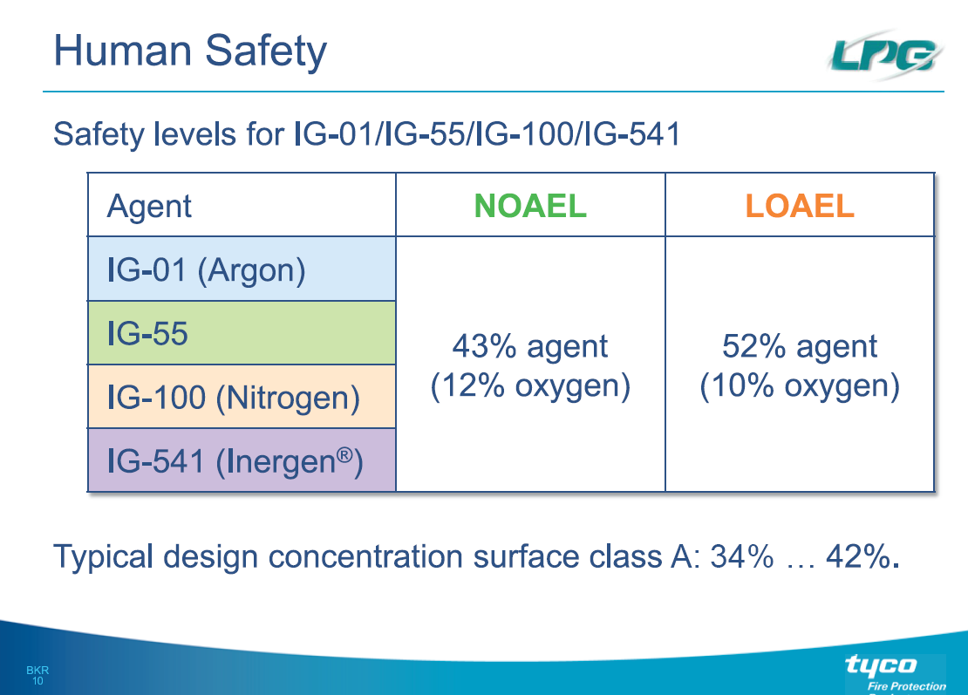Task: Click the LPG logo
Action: tap(884, 56)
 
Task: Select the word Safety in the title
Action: tap(265, 51)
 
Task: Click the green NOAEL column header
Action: tap(530, 206)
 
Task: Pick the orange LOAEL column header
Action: tap(800, 206)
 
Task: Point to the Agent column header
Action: tap(149, 207)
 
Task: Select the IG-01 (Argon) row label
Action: tap(206, 270)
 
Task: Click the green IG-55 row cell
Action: tap(242, 333)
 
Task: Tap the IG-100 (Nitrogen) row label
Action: tap(234, 398)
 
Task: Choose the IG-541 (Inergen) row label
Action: tap(235, 461)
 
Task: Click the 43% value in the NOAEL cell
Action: tap(484, 346)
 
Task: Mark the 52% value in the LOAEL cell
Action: tap(753, 346)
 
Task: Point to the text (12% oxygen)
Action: tap(530, 386)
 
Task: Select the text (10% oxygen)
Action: tap(800, 386)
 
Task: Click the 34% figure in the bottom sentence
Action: tap(741, 556)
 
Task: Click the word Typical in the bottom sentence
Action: tap(103, 557)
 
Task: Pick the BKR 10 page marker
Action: tap(37, 675)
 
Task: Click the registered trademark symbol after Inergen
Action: tap(344, 455)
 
